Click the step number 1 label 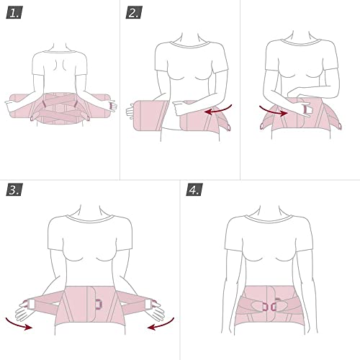14,13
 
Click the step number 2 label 134,13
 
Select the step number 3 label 14,189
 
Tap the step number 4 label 194,189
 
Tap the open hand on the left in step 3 24,312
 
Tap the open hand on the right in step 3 156,312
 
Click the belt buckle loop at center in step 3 99,304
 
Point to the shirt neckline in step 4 269,218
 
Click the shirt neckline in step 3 90,219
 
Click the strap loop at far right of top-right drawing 340,126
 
